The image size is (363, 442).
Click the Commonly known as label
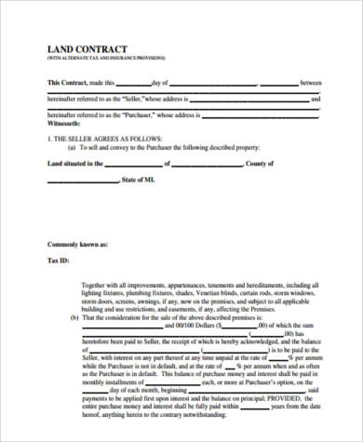(x=79, y=244)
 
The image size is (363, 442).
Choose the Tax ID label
(x=60, y=261)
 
